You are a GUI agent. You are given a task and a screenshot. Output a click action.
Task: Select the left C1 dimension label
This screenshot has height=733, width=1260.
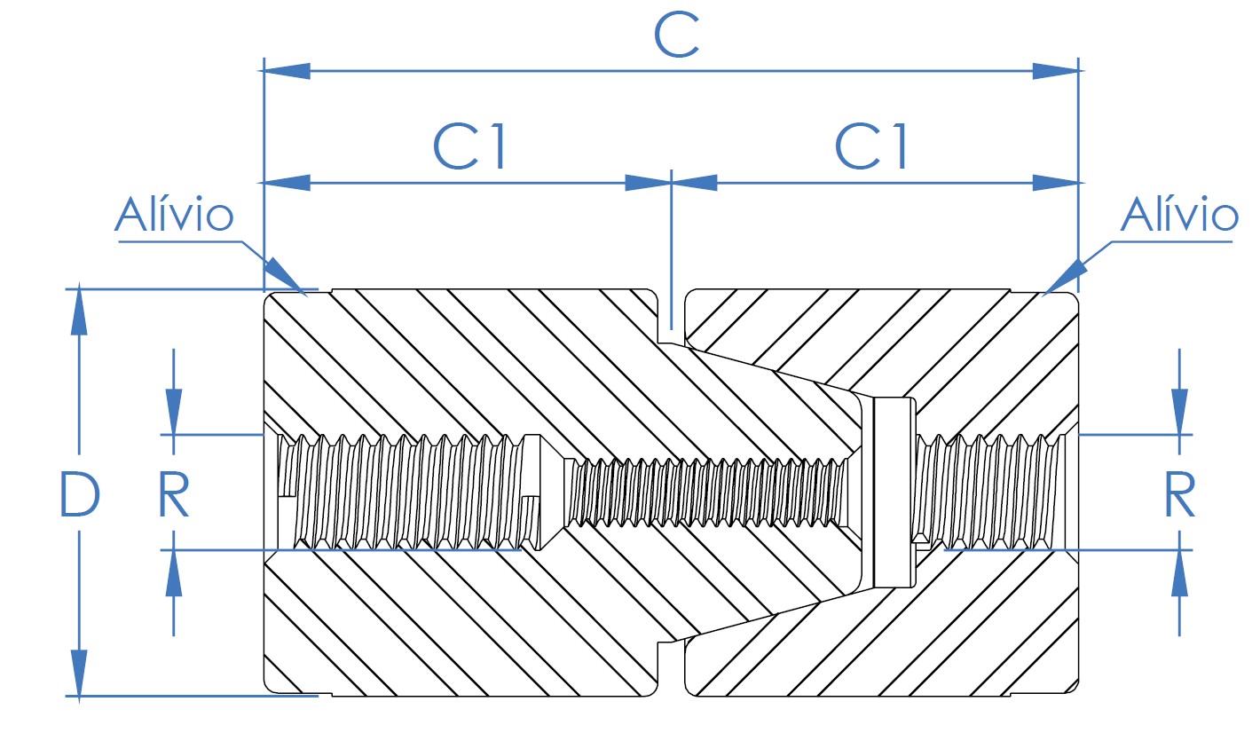pyautogui.click(x=469, y=146)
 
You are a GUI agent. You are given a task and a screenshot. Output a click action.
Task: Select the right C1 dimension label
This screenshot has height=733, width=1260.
pyautogui.click(x=870, y=146)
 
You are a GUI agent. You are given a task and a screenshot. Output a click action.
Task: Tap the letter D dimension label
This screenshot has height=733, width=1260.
pyautogui.click(x=79, y=493)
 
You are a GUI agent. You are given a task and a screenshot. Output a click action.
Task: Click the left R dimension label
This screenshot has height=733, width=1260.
pyautogui.click(x=174, y=494)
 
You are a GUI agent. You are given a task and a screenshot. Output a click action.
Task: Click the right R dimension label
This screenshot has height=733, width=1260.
pyautogui.click(x=1179, y=494)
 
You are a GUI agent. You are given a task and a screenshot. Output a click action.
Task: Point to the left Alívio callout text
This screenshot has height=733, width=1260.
pyautogui.click(x=174, y=214)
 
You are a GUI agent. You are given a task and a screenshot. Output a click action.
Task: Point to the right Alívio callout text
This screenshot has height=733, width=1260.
pyautogui.click(x=1179, y=214)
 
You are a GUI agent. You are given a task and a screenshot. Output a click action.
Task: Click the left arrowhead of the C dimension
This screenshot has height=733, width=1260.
pyautogui.click(x=287, y=72)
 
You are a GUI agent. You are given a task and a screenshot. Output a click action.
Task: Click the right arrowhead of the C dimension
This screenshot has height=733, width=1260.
pyautogui.click(x=1056, y=72)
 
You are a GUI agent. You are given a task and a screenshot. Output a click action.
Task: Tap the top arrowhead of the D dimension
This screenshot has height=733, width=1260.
pyautogui.click(x=79, y=310)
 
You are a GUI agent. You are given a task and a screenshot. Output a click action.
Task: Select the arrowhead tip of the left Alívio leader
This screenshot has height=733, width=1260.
pyautogui.click(x=306, y=295)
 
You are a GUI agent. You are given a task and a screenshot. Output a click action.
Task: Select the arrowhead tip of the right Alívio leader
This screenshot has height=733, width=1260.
pyautogui.click(x=1043, y=295)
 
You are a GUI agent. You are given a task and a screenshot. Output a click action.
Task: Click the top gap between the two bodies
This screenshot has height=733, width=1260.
pyautogui.click(x=671, y=315)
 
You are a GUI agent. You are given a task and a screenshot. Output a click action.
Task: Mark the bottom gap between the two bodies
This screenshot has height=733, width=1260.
pyautogui.click(x=671, y=668)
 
